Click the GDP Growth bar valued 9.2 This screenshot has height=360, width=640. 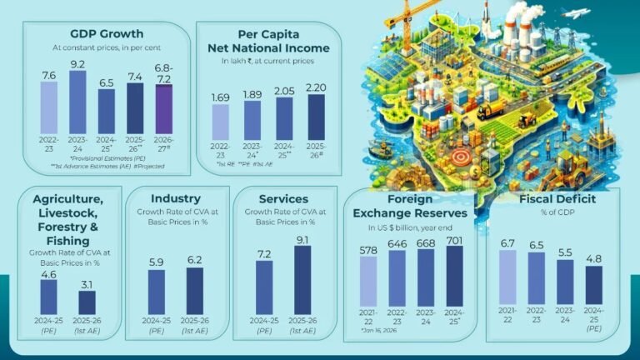(77, 102)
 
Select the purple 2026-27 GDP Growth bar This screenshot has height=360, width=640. (163, 109)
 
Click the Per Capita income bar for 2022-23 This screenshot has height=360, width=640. (220, 122)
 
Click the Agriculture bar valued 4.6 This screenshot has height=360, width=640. (49, 297)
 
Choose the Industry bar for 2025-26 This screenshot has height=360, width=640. (194, 291)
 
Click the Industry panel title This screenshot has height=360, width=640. (176, 199)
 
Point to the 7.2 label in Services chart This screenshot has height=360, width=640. (264, 253)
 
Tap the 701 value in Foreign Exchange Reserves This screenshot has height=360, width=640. (455, 239)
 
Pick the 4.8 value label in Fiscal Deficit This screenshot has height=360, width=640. (593, 258)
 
